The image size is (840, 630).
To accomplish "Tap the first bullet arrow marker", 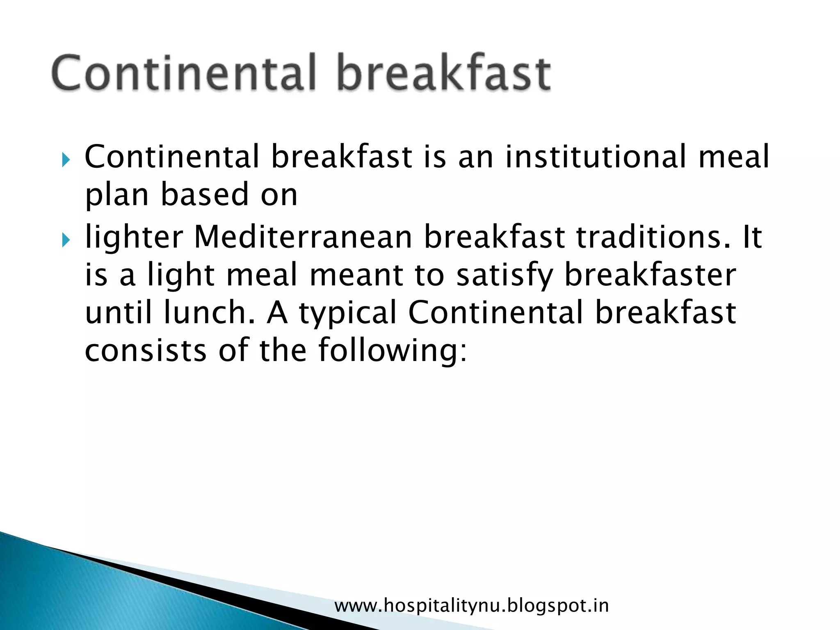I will [x=66, y=159].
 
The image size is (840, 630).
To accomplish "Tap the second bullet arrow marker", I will [x=66, y=240].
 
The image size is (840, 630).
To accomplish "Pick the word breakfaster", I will [x=650, y=275].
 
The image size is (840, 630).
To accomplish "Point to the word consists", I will [x=146, y=351].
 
